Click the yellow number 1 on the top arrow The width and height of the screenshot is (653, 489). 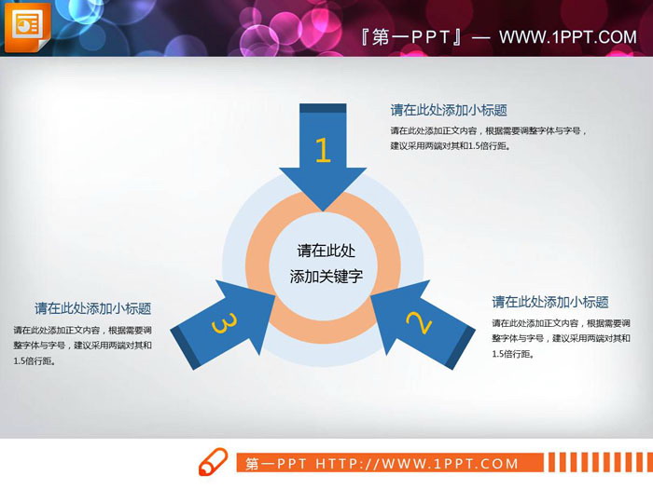point(323,151)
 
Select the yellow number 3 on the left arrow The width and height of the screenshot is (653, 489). point(225,323)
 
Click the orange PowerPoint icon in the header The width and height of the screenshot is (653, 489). point(25,27)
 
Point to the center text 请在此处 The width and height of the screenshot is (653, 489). point(326,251)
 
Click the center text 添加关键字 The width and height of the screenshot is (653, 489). point(326,277)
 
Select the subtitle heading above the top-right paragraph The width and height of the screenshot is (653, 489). point(449,110)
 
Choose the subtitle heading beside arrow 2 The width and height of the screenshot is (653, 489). point(550,302)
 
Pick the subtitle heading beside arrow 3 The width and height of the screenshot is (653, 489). point(93,308)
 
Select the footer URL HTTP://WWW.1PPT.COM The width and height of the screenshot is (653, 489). point(417,464)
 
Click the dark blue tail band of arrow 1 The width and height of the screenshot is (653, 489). point(322,109)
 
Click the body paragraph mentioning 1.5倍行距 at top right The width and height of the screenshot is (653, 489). point(490,138)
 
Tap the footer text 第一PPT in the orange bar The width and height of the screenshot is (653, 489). point(277,464)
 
